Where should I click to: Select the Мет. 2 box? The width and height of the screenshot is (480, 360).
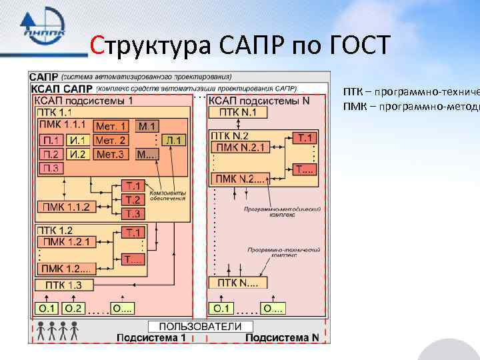click(111, 140)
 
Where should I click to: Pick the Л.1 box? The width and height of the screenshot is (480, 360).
click(175, 140)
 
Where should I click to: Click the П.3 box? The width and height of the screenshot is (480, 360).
click(51, 168)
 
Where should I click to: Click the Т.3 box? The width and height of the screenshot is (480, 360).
click(133, 213)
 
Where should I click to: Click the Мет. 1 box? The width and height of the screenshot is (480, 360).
click(111, 125)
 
